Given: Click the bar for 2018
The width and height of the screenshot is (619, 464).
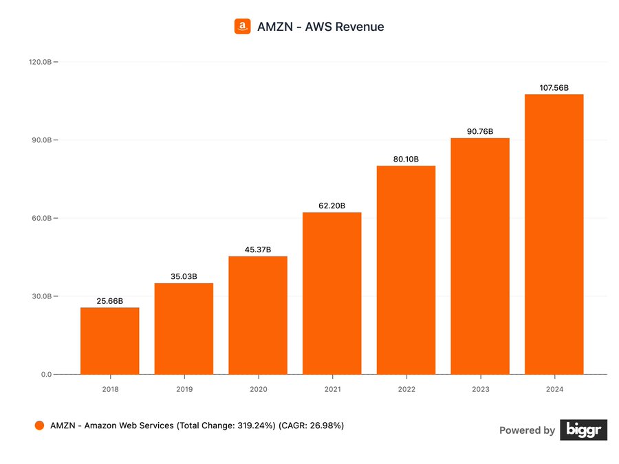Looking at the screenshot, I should coord(109,341).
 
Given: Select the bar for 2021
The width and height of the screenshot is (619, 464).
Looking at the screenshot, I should coord(332,294).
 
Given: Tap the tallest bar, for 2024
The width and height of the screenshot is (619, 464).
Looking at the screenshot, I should coord(554,234).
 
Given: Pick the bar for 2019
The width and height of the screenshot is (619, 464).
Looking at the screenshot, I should coord(184,329).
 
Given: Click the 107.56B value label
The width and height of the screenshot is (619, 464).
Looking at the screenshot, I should coord(554,88).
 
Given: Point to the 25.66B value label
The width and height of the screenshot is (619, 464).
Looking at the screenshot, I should coord(109,301).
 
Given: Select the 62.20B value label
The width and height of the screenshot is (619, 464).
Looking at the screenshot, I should coord(332,206).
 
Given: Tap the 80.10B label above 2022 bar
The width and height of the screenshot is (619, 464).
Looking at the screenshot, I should coord(406,159).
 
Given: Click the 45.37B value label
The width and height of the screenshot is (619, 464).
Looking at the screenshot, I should coord(258,250).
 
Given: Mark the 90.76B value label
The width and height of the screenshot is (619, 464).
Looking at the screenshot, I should coord(479,131).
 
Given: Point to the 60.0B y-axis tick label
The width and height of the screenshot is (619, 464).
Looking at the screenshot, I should coord(40,219).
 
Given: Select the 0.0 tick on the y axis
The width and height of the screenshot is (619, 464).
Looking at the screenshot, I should coord(45,375).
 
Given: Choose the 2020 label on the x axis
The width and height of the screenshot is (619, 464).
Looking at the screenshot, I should coord(258,389).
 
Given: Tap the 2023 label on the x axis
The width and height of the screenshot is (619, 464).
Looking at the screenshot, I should coord(479,389).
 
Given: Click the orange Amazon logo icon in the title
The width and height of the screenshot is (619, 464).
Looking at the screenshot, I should coord(242,27).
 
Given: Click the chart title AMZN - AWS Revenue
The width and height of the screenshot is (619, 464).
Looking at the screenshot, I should coord(321,27).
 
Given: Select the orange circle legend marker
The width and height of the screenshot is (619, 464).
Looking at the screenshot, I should coord(40,426).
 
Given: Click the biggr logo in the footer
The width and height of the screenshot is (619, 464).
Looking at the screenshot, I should coord(583,430).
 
